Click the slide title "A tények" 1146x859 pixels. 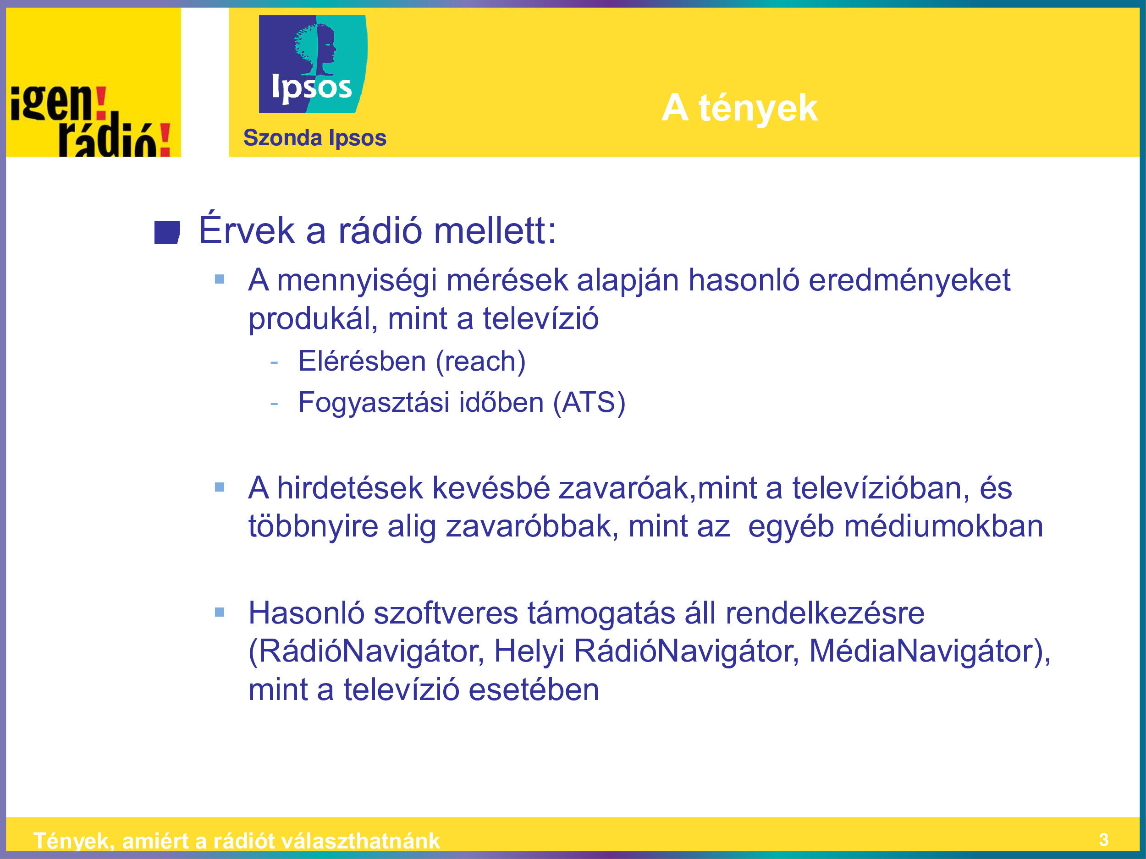(x=739, y=108)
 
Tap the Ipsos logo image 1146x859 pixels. (x=313, y=64)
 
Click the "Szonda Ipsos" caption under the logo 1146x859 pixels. (x=314, y=138)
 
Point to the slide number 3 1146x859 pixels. (x=1104, y=840)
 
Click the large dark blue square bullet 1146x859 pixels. (x=167, y=232)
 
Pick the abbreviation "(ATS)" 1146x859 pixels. (x=589, y=403)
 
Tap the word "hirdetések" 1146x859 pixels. (x=350, y=488)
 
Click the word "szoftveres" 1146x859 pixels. (x=446, y=613)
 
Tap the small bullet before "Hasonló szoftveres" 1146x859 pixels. (x=220, y=613)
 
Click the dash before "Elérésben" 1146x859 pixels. (x=274, y=362)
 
